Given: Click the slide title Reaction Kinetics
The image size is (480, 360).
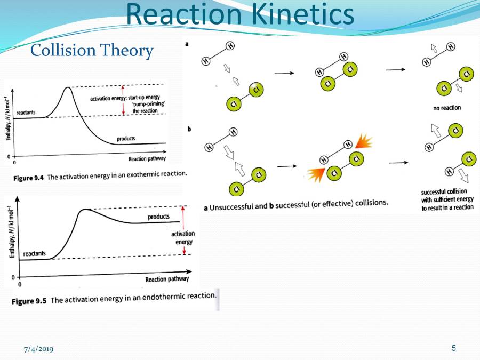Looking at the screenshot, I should [x=240, y=14].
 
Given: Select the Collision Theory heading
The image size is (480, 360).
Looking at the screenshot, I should [x=92, y=51].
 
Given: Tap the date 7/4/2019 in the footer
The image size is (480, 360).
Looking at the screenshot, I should [x=38, y=349].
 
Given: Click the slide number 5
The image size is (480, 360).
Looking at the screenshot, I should [x=454, y=348].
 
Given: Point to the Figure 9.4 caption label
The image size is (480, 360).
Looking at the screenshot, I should [x=28, y=177].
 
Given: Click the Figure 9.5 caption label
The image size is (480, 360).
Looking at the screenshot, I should [x=29, y=300].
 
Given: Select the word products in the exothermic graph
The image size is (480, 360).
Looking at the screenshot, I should [x=126, y=139].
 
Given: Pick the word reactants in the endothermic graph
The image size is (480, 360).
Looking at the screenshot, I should [x=34, y=254].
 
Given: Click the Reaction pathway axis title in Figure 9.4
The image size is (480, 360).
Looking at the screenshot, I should [x=147, y=159].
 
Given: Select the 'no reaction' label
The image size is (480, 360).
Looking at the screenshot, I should [x=447, y=108].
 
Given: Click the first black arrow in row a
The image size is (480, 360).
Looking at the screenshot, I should [x=283, y=72].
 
